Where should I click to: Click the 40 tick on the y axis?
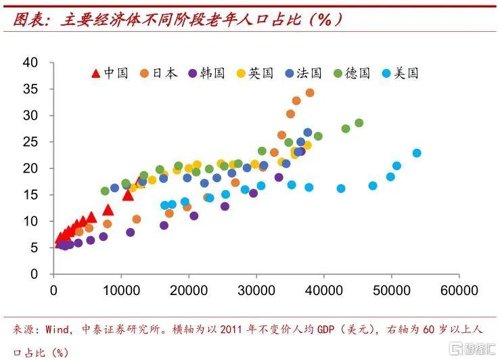(x=40, y=63)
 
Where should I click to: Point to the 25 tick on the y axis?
(x=40, y=142)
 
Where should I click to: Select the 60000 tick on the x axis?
(x=459, y=290)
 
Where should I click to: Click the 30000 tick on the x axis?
(x=256, y=290)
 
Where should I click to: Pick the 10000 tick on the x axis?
(x=121, y=290)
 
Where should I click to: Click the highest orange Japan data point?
(x=310, y=93)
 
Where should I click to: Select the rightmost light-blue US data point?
(x=417, y=153)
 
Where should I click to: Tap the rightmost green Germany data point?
(x=359, y=123)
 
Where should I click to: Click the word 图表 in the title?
(x=29, y=19)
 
